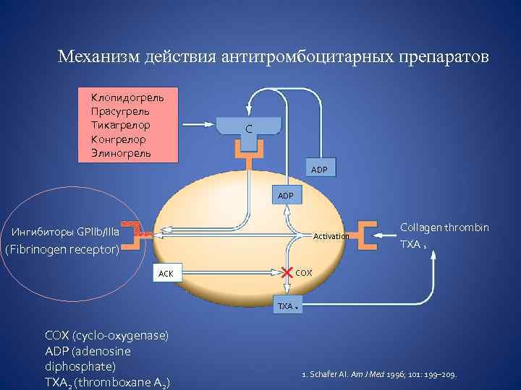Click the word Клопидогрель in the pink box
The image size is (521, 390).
pos(127,96)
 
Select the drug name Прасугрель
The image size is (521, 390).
pos(120,110)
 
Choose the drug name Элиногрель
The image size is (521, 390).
pos(121,153)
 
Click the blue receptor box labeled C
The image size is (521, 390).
pos(248,129)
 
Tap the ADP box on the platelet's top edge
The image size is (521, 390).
pos(287,195)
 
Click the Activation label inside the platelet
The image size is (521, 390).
pos(331,236)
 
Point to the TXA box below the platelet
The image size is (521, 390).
pos(287,305)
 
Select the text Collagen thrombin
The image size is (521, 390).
pos(444,227)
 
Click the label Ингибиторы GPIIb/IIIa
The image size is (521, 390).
pos(66,231)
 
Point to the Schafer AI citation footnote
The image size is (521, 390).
pos(384,375)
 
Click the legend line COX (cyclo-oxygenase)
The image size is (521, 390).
pos(106,335)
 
